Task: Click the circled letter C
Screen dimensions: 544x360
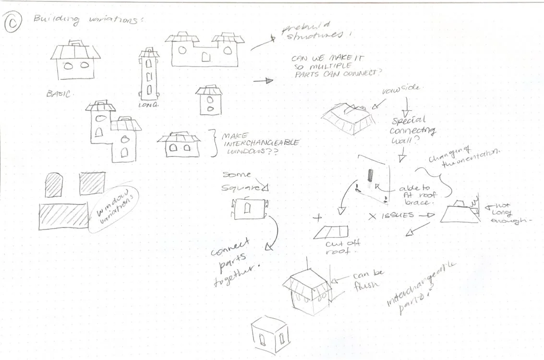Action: (13, 22)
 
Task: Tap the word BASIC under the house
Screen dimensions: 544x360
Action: (59, 94)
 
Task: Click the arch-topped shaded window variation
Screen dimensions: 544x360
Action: (54, 185)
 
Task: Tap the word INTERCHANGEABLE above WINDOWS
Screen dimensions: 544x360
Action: (260, 143)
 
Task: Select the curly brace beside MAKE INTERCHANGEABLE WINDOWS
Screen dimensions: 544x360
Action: (213, 143)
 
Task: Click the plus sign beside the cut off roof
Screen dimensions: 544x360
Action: (317, 217)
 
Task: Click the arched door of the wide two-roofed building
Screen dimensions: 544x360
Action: (206, 58)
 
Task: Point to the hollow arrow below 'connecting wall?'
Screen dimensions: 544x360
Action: (402, 155)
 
